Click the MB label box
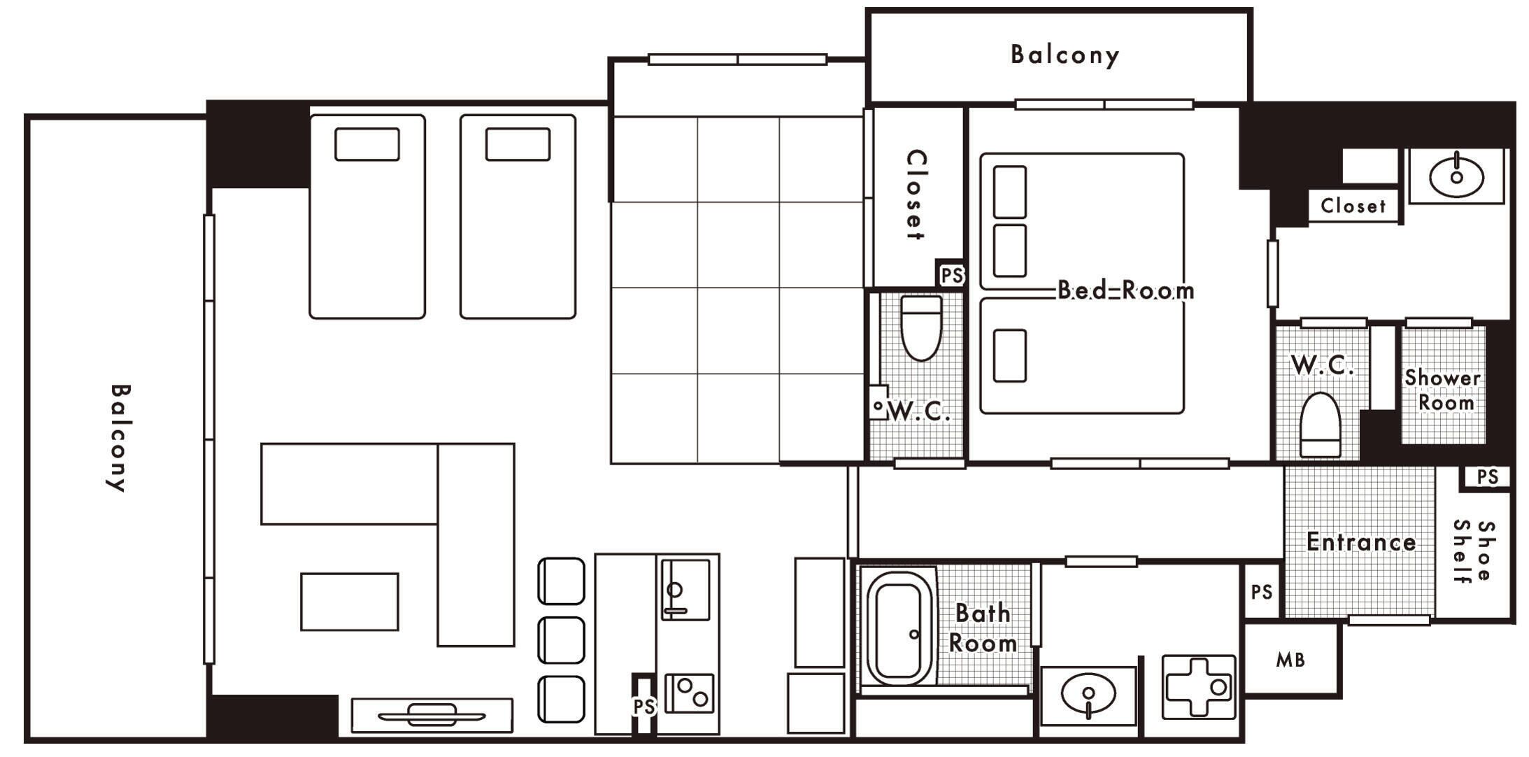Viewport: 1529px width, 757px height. click(x=1290, y=659)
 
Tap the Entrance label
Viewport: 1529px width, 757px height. click(x=1361, y=542)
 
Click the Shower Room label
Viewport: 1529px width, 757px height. click(x=1443, y=390)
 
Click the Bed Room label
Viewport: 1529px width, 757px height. click(x=1125, y=290)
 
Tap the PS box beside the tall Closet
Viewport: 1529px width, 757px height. click(x=951, y=275)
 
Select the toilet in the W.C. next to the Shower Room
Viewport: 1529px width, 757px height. click(x=1320, y=425)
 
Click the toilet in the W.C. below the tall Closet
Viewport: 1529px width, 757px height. click(x=921, y=327)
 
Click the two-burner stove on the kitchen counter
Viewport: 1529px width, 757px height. click(x=690, y=693)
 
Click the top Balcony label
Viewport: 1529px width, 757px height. click(x=1065, y=55)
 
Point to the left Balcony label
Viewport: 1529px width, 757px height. click(x=120, y=437)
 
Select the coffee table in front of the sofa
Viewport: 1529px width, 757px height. click(x=350, y=602)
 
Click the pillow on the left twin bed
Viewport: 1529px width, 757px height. click(x=367, y=144)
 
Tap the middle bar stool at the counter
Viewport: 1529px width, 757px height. click(x=561, y=640)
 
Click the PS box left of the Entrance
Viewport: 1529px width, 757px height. click(x=1262, y=592)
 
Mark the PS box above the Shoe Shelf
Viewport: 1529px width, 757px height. click(x=1488, y=477)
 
